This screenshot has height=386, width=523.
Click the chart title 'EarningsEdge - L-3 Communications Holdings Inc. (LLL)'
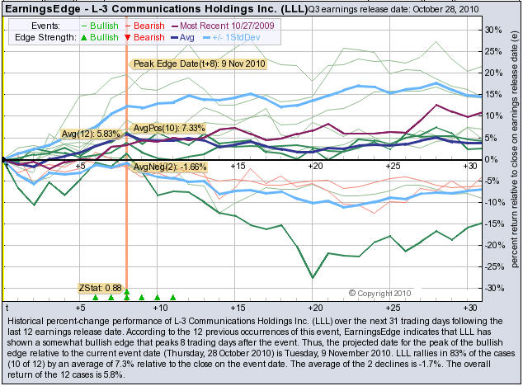[x=153, y=10]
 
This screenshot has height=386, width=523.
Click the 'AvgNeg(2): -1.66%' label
[x=168, y=167]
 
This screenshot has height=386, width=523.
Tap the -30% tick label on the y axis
[x=492, y=288]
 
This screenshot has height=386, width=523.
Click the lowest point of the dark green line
[x=313, y=277]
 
